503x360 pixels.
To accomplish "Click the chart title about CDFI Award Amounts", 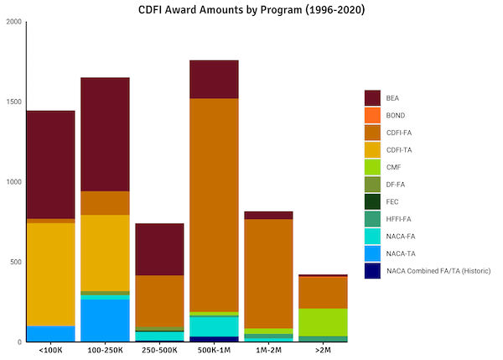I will pos(251,9).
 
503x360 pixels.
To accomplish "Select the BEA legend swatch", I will pos(372,98).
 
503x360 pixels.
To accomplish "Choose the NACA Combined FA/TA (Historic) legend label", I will pos(438,270).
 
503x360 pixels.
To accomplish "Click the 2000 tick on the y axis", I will pos(13,22).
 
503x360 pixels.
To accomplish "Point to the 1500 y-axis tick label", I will pos(13,102).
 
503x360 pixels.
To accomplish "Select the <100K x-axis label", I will pos(50,351).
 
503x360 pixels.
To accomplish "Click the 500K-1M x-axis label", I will pos(214,351).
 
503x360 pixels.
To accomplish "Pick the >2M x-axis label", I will pos(323,351).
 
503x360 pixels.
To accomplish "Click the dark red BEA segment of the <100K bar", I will pos(50,164).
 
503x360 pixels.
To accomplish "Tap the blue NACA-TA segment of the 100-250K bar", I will pos(105,320).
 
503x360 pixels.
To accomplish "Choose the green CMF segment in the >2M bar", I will pos(323,322).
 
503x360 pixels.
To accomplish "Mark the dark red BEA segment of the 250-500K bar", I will pos(159,249).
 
